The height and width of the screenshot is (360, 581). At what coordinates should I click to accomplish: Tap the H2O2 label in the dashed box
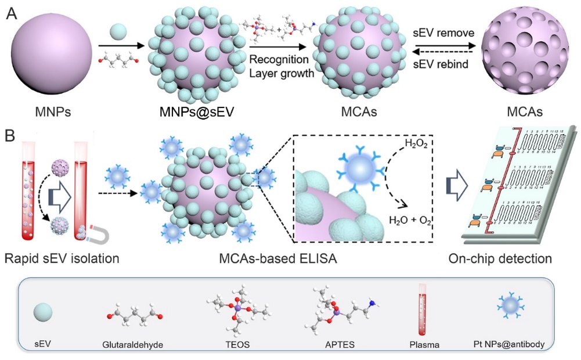(418, 143)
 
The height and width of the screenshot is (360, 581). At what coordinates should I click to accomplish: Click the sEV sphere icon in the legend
(42, 313)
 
